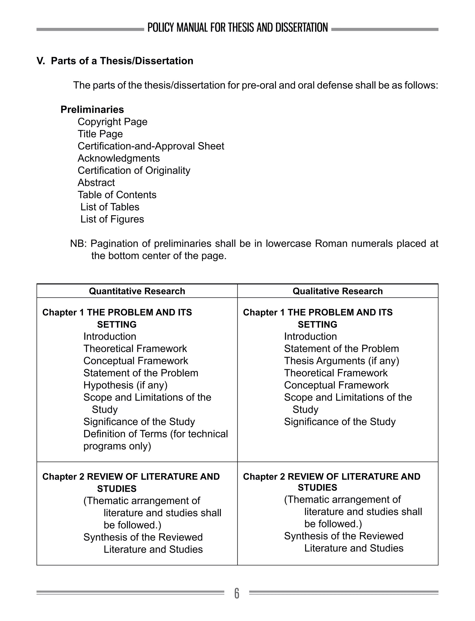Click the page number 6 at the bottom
[237, 593]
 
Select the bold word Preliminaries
[92, 110]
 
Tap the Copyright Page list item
[112, 122]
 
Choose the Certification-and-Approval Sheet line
[151, 146]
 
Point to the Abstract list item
[96, 182]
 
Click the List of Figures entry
[112, 219]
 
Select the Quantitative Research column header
[137, 291]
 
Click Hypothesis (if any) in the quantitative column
[125, 385]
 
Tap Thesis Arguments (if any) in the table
[341, 361]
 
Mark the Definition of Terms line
[155, 434]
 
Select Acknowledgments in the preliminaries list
[119, 158]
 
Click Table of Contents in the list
[117, 195]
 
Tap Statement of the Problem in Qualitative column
[341, 349]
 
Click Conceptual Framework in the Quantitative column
[135, 361]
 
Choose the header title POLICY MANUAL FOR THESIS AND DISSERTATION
[237, 28]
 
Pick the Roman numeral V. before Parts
[41, 61]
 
